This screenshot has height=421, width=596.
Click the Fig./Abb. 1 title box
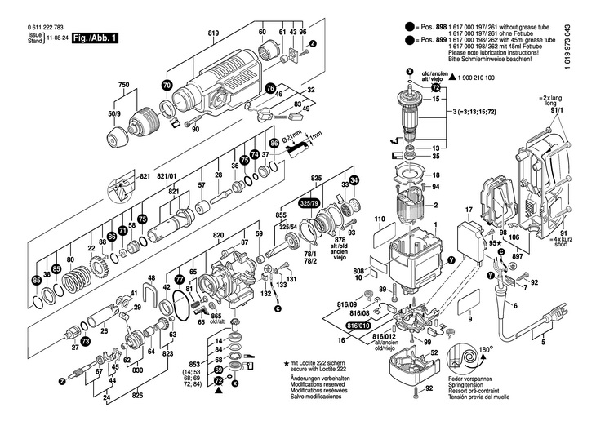click(96, 38)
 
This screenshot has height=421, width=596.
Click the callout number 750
click(123, 86)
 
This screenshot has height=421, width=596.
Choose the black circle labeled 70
click(167, 85)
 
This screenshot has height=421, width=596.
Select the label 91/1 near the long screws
click(561, 113)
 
